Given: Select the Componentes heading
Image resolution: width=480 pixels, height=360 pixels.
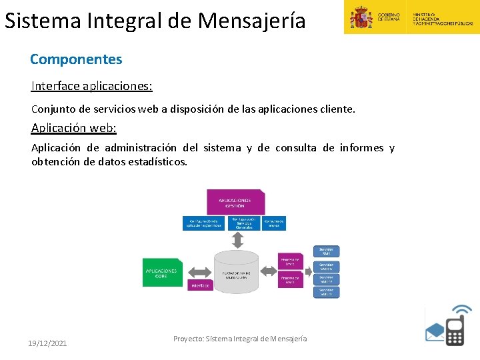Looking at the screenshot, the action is click(x=76, y=59).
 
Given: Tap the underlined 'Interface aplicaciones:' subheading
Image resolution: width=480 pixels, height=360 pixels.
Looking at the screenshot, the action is click(x=91, y=87).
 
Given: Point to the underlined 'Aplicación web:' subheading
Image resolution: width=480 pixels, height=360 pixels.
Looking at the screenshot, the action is click(x=73, y=128).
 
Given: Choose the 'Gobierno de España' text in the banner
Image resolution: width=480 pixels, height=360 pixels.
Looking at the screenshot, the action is click(x=389, y=17).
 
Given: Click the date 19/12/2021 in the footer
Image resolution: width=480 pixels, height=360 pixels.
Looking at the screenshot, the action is click(x=47, y=343).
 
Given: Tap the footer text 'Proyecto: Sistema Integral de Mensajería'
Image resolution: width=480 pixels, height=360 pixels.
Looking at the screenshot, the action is click(x=240, y=339).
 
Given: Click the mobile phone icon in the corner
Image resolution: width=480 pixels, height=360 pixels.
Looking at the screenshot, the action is click(x=455, y=327).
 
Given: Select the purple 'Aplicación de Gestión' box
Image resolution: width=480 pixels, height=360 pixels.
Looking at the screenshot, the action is click(x=235, y=201).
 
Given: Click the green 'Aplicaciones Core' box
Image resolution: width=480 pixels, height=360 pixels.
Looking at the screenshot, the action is click(x=161, y=273).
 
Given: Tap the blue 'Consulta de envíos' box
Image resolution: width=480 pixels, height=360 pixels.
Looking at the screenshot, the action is click(x=273, y=223).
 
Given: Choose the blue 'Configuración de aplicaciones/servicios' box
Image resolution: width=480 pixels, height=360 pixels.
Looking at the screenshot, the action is click(x=204, y=223).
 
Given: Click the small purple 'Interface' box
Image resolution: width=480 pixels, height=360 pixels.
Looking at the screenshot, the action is click(x=200, y=285).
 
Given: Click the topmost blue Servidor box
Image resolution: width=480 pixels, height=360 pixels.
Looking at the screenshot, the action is click(x=326, y=251).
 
